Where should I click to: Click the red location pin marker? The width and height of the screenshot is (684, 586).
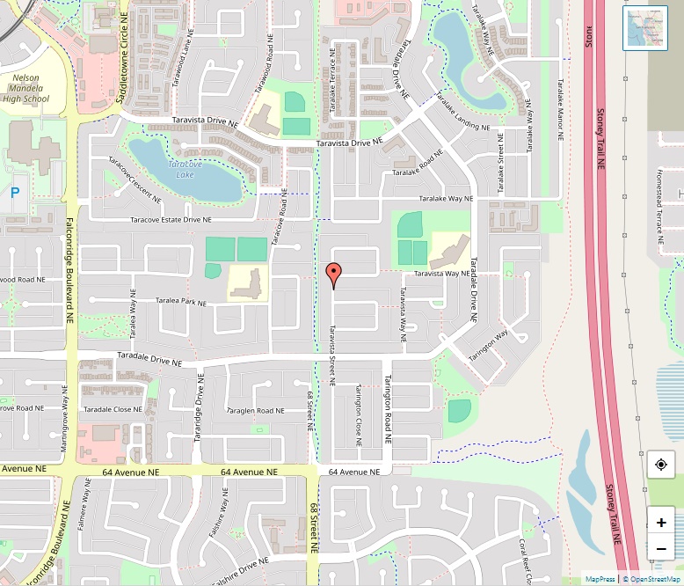point(333,275)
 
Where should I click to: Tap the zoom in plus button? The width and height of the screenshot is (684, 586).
point(661,523)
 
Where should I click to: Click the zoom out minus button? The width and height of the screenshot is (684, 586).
point(661,549)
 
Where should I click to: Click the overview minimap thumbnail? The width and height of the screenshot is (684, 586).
point(645,28)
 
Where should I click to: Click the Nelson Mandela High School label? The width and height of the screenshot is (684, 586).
point(25,88)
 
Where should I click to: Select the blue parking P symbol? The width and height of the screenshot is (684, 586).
point(15,192)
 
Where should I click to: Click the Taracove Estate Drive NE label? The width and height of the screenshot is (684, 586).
point(171,220)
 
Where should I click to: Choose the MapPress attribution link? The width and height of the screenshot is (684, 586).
point(600,579)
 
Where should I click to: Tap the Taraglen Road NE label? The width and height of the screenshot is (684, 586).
point(256,410)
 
